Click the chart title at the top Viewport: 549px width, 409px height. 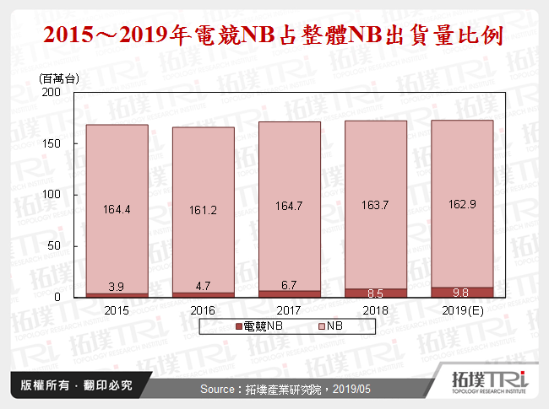(x=274, y=36)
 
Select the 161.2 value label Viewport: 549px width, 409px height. (x=202, y=210)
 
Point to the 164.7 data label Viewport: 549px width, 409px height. (x=290, y=205)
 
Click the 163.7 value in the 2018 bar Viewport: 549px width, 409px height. (x=374, y=205)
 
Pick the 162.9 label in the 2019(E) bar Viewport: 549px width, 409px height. (x=462, y=205)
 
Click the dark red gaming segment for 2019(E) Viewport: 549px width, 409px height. (x=462, y=292)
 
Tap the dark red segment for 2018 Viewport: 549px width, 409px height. (x=376, y=293)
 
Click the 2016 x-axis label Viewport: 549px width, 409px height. (x=203, y=310)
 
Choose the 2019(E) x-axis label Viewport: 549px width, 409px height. (x=462, y=310)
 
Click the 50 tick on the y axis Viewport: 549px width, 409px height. (x=52, y=246)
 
